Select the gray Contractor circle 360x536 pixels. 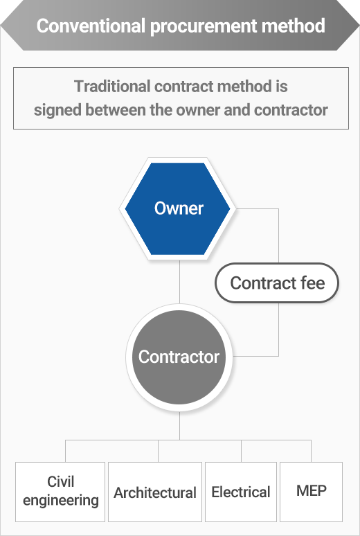[x=179, y=357]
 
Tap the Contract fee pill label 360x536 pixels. [x=277, y=283]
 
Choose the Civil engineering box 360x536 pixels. [x=60, y=492]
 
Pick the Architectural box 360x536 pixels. [x=155, y=492]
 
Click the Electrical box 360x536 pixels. [x=241, y=492]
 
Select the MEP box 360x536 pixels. [x=311, y=492]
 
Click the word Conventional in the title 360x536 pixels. [x=91, y=26]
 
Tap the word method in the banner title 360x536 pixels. [x=299, y=26]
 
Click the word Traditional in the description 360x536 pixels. [x=112, y=86]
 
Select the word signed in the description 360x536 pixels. [x=57, y=110]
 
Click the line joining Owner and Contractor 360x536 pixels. [x=179, y=282]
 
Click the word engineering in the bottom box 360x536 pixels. [x=61, y=501]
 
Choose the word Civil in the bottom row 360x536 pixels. [x=60, y=482]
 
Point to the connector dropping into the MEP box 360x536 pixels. [x=311, y=452]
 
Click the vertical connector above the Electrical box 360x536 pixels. [x=241, y=452]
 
